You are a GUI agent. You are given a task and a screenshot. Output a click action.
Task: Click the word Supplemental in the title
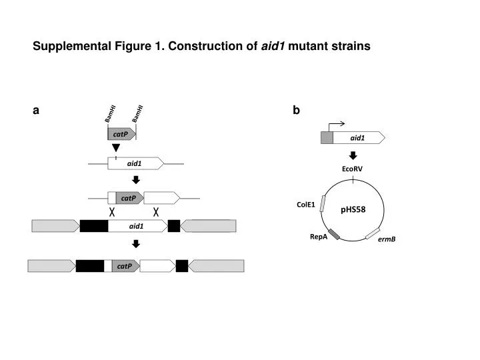pyautogui.click(x=72, y=46)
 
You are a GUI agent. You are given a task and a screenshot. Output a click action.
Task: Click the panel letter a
pyautogui.click(x=36, y=111)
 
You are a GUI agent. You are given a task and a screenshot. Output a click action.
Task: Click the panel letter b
pyautogui.click(x=296, y=110)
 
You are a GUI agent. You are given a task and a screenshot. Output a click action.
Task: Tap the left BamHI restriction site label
pyautogui.click(x=110, y=114)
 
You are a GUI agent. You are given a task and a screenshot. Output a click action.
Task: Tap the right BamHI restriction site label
pyautogui.click(x=137, y=114)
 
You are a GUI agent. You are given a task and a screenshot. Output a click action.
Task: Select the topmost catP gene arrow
pyautogui.click(x=121, y=134)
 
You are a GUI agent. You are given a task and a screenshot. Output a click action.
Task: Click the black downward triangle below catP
pyautogui.click(x=116, y=147)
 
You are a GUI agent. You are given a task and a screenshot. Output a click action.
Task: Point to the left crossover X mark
pyautogui.click(x=112, y=211)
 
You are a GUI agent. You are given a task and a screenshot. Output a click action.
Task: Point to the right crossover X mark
pyautogui.click(x=156, y=211)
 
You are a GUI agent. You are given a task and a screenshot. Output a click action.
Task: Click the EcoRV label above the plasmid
pyautogui.click(x=352, y=169)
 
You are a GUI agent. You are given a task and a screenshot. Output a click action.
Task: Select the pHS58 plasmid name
pyautogui.click(x=353, y=210)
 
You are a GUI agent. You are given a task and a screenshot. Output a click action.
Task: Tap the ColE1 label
pyautogui.click(x=305, y=205)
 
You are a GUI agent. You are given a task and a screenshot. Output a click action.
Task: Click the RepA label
pyautogui.click(x=319, y=237)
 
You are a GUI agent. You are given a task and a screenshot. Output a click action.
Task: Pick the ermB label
pyautogui.click(x=387, y=239)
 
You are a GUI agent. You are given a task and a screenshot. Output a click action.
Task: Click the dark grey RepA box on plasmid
pyautogui.click(x=334, y=234)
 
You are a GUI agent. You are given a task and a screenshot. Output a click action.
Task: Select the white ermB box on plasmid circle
pyautogui.click(x=373, y=233)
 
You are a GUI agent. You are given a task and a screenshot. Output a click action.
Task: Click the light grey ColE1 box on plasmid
pyautogui.click(x=323, y=203)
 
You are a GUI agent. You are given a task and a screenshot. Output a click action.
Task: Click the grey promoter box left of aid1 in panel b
pyautogui.click(x=327, y=138)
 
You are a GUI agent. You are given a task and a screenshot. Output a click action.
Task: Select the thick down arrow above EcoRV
pyautogui.click(x=353, y=155)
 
